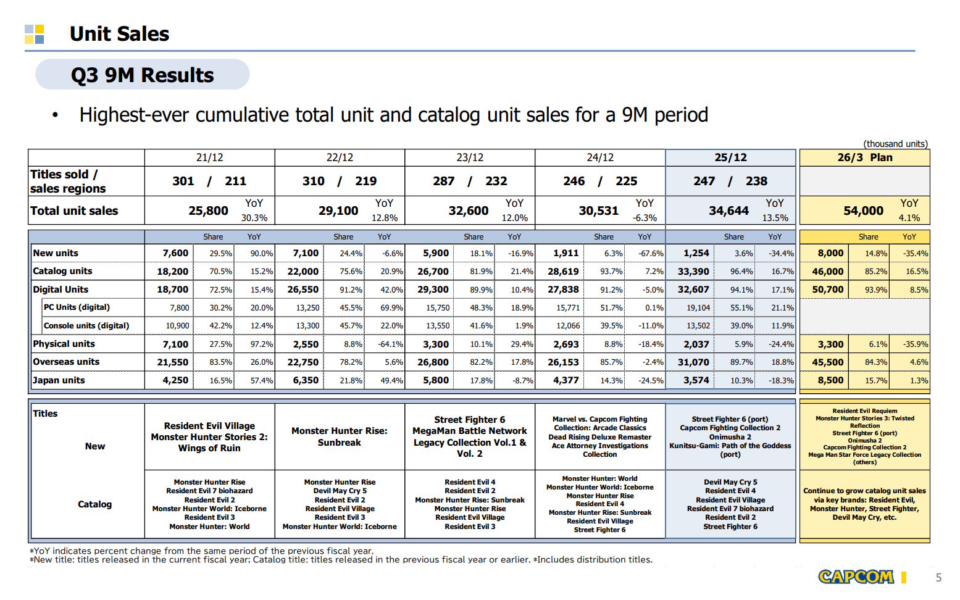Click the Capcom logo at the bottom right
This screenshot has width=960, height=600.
pyautogui.click(x=856, y=577)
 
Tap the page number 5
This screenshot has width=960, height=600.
pyautogui.click(x=938, y=578)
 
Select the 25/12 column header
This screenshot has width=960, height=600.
pyautogui.click(x=730, y=157)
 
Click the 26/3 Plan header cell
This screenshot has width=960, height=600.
pyautogui.click(x=864, y=157)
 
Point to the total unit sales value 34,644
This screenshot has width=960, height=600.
pyautogui.click(x=728, y=211)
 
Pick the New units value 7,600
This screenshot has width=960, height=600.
pyautogui.click(x=175, y=253)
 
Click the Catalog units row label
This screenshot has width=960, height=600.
pyautogui.click(x=62, y=271)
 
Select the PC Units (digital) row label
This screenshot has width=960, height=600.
pyautogui.click(x=77, y=307)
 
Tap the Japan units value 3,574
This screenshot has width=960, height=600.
pyautogui.click(x=696, y=380)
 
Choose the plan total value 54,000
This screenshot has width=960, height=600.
pyautogui.click(x=863, y=211)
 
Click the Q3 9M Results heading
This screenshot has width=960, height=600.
pyautogui.click(x=142, y=75)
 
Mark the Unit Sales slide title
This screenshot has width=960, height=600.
pyautogui.click(x=119, y=34)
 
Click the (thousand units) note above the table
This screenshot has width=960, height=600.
pyautogui.click(x=895, y=144)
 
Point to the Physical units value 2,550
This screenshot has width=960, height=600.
pyautogui.click(x=306, y=344)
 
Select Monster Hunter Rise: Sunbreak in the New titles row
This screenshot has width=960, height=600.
pyautogui.click(x=340, y=436)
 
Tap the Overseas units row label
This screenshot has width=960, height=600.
pyautogui.click(x=66, y=362)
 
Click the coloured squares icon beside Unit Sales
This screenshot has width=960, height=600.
pyautogui.click(x=35, y=35)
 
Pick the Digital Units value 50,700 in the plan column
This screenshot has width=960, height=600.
pyautogui.click(x=827, y=290)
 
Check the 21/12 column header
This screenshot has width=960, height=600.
pyautogui.click(x=209, y=157)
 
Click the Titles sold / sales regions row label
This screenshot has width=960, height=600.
pyautogui.click(x=68, y=181)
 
